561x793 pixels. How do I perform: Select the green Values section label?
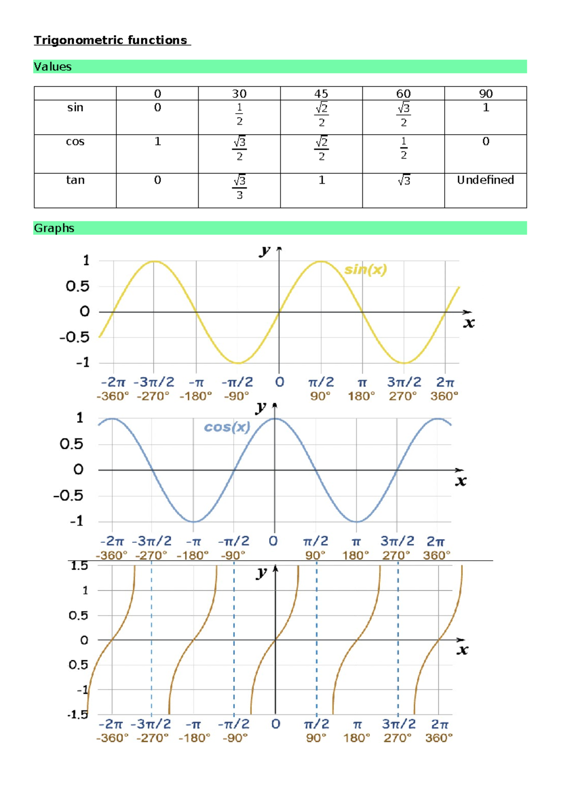click(x=53, y=67)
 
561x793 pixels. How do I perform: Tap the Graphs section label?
click(x=54, y=228)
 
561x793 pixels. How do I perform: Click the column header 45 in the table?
click(x=321, y=94)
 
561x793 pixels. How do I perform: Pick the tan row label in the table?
click(x=75, y=180)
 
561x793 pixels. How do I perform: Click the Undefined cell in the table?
click(x=485, y=180)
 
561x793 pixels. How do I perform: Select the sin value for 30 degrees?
click(x=239, y=114)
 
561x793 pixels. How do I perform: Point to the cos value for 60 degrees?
click(x=403, y=148)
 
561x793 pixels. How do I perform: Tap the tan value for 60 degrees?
click(x=403, y=180)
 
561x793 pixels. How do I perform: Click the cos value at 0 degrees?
click(x=158, y=141)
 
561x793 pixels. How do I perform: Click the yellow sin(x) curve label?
click(x=366, y=270)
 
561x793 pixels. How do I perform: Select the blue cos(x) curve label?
click(x=227, y=427)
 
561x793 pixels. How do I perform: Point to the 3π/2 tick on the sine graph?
click(x=404, y=382)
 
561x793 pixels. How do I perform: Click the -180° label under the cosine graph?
click(x=193, y=555)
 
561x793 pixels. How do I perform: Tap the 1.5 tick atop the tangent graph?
click(x=79, y=566)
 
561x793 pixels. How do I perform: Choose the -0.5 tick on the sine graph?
click(x=74, y=337)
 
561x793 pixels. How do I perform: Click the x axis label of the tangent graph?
click(x=462, y=650)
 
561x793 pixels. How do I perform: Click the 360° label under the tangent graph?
click(x=439, y=738)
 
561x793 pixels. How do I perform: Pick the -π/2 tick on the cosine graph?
click(x=234, y=541)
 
